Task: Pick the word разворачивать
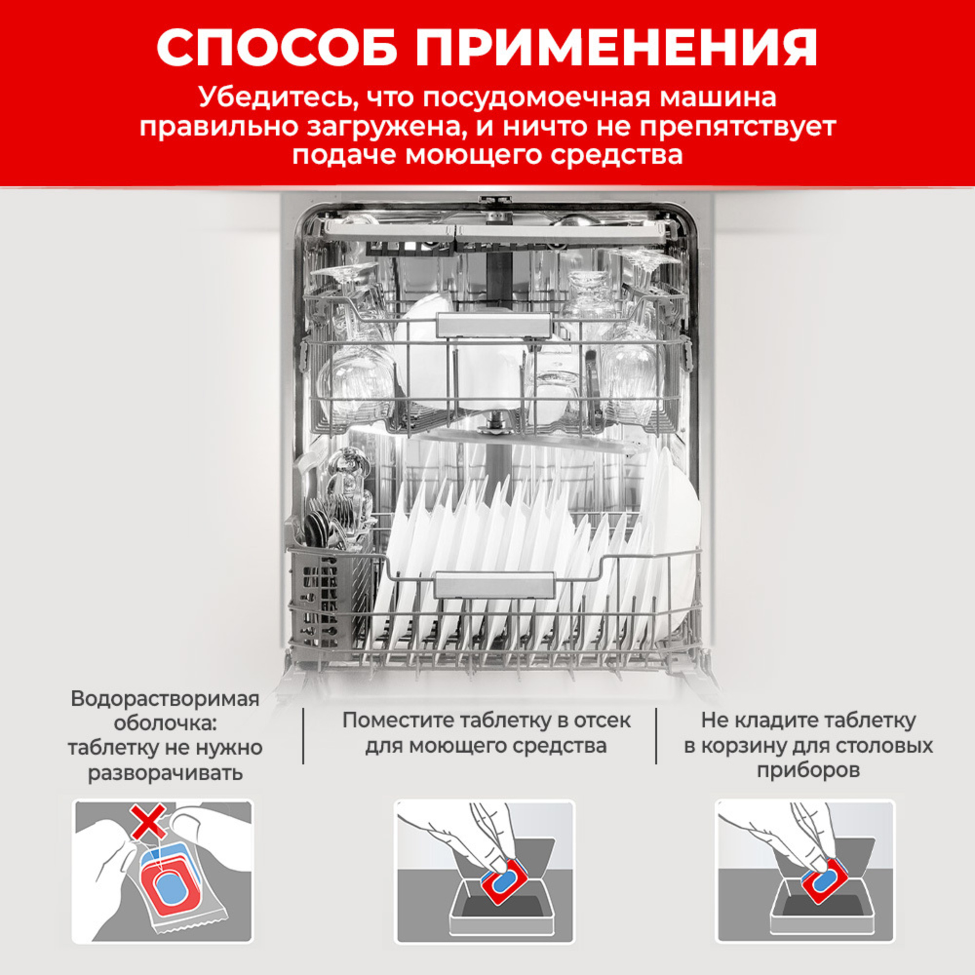[x=165, y=773]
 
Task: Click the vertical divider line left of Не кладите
[x=656, y=735]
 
